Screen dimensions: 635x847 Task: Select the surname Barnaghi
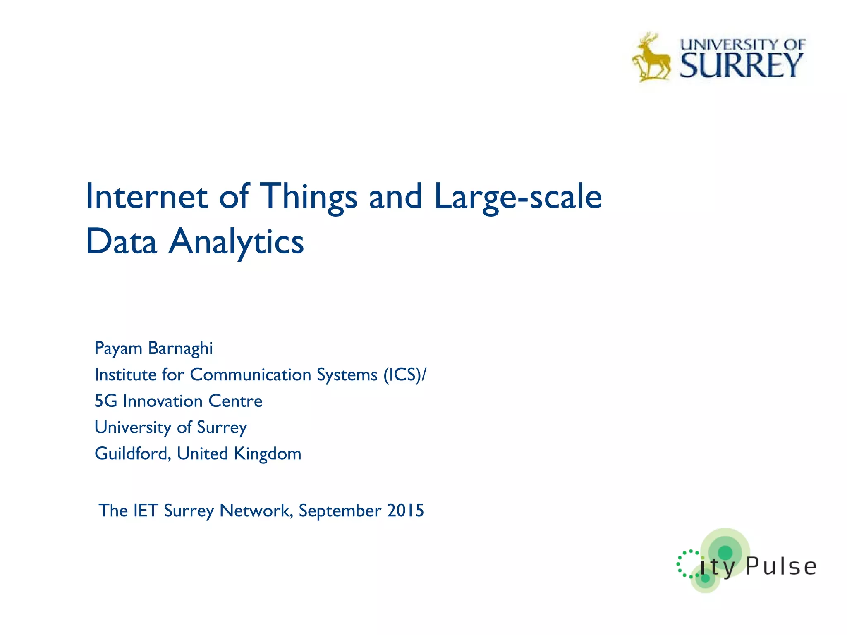(180, 348)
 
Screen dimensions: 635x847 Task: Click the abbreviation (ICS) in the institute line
(403, 375)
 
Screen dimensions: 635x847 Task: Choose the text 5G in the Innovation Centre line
(105, 401)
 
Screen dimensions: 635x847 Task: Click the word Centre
(235, 401)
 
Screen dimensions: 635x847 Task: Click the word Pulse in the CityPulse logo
(781, 566)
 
